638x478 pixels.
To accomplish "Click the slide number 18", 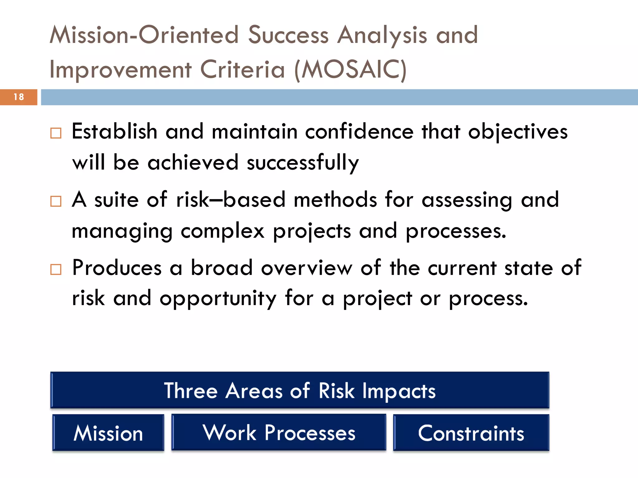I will pyautogui.click(x=19, y=97).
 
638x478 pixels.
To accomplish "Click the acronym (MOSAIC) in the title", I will pyautogui.click(x=350, y=70).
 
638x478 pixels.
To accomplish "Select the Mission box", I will pyautogui.click(x=108, y=433).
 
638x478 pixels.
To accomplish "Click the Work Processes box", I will pyautogui.click(x=279, y=432).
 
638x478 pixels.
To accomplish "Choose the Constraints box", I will pyautogui.click(x=471, y=433).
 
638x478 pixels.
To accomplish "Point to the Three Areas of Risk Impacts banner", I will pyautogui.click(x=300, y=390).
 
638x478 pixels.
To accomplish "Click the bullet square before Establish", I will pyautogui.click(x=56, y=133).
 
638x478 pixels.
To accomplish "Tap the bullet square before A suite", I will pyautogui.click(x=56, y=201).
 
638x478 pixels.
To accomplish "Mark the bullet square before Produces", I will pyautogui.click(x=56, y=269).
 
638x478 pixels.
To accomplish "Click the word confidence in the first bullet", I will pyautogui.click(x=359, y=132).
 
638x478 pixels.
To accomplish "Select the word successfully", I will pyautogui.click(x=302, y=163).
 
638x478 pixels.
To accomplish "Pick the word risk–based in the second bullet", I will pyautogui.click(x=231, y=200).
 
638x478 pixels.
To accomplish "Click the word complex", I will pyautogui.click(x=222, y=231).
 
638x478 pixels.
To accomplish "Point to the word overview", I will pyautogui.click(x=307, y=268).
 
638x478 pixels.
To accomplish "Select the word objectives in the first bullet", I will pyautogui.click(x=518, y=132).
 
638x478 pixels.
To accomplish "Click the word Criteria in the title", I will pyautogui.click(x=242, y=70).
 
